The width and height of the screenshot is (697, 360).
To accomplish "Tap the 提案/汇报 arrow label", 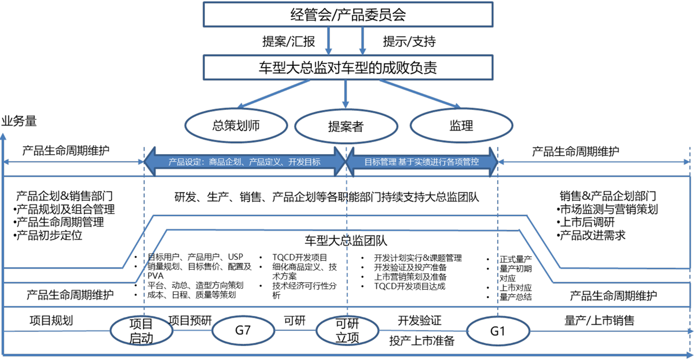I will click(x=289, y=41).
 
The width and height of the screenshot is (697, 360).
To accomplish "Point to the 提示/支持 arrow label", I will click(x=409, y=41).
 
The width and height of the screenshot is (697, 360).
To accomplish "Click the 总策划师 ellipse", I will click(x=236, y=125).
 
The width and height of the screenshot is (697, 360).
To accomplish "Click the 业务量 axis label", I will click(x=19, y=122).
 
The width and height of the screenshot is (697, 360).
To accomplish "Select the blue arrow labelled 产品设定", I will click(x=244, y=162).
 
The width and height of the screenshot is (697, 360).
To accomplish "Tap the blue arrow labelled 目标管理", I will click(x=421, y=162).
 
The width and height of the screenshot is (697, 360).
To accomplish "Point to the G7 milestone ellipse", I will click(x=242, y=330).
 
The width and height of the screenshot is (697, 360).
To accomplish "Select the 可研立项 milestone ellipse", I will click(x=347, y=331).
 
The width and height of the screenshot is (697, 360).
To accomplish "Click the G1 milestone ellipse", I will click(x=498, y=330).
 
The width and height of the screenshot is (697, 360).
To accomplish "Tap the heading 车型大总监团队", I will click(x=346, y=241).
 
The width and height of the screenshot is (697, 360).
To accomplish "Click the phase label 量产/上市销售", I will click(x=599, y=320).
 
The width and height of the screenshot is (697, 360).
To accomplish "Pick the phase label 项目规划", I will click(x=51, y=321).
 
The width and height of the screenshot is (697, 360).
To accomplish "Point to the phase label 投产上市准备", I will click(x=421, y=341).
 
